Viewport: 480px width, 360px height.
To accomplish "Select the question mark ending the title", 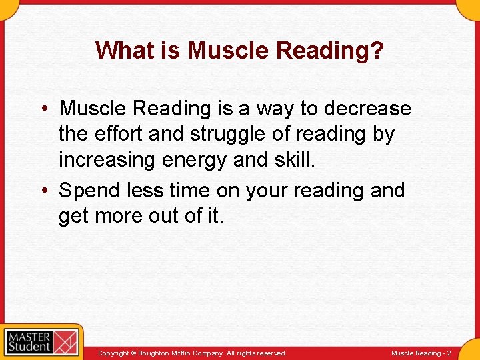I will (x=377, y=50).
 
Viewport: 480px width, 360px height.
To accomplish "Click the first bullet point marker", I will (x=49, y=109).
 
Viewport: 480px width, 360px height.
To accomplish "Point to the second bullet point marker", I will (x=49, y=191).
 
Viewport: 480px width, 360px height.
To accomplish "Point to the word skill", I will (x=293, y=160).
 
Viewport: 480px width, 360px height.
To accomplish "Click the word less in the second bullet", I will (x=145, y=190).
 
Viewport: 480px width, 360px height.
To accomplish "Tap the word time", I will (x=190, y=190).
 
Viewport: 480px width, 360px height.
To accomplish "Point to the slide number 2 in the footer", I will (x=449, y=353).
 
